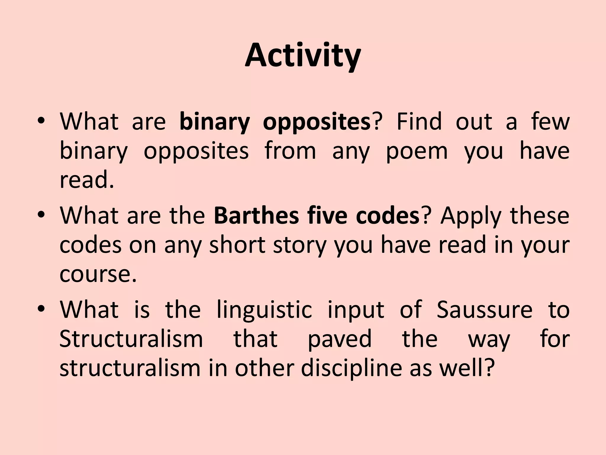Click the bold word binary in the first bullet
(215, 122)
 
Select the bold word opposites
(317, 122)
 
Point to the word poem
(417, 151)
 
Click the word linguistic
(264, 310)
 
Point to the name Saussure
(484, 310)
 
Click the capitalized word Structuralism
(131, 339)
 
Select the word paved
(340, 339)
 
